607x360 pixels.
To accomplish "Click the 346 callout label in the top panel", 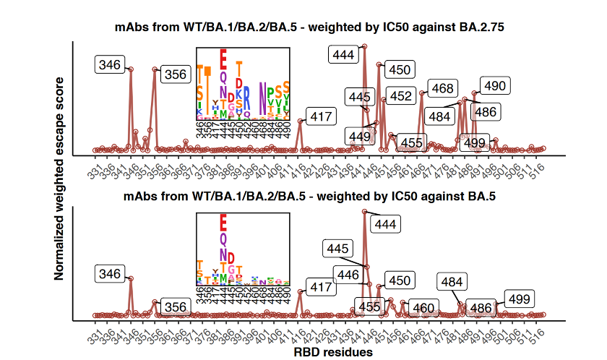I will point(110,65).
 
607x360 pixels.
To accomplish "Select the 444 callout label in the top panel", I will point(343,54).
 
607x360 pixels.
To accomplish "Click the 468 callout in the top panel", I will point(441,89).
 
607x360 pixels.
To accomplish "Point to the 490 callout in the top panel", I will point(495,86).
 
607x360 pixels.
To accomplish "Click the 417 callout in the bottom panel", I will point(320,287).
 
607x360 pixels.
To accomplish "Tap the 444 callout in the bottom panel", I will point(387,224).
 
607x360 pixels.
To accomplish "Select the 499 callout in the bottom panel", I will point(519,299).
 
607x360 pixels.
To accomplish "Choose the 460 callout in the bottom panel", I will point(423,308).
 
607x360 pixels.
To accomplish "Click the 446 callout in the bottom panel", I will point(348,274).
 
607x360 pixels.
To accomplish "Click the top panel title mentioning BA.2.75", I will point(309,27).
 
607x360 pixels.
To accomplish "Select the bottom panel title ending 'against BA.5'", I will point(309,196).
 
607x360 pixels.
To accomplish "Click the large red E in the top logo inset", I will point(223,58).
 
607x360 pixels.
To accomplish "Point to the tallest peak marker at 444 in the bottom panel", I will point(364,212).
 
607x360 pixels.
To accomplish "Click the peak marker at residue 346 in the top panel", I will point(130,69).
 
